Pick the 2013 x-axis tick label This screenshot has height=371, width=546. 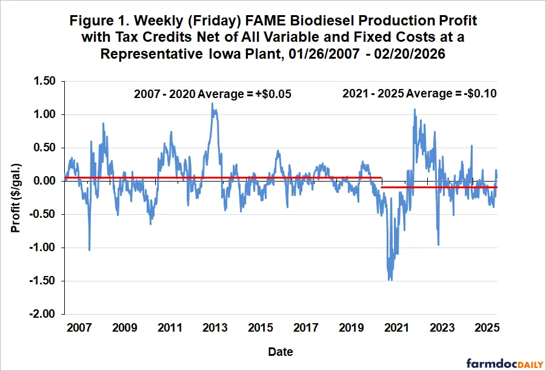(215, 327)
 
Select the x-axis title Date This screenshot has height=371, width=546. (282, 351)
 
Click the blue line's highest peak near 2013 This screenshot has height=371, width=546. (212, 103)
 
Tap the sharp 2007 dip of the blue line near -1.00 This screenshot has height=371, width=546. (90, 250)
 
